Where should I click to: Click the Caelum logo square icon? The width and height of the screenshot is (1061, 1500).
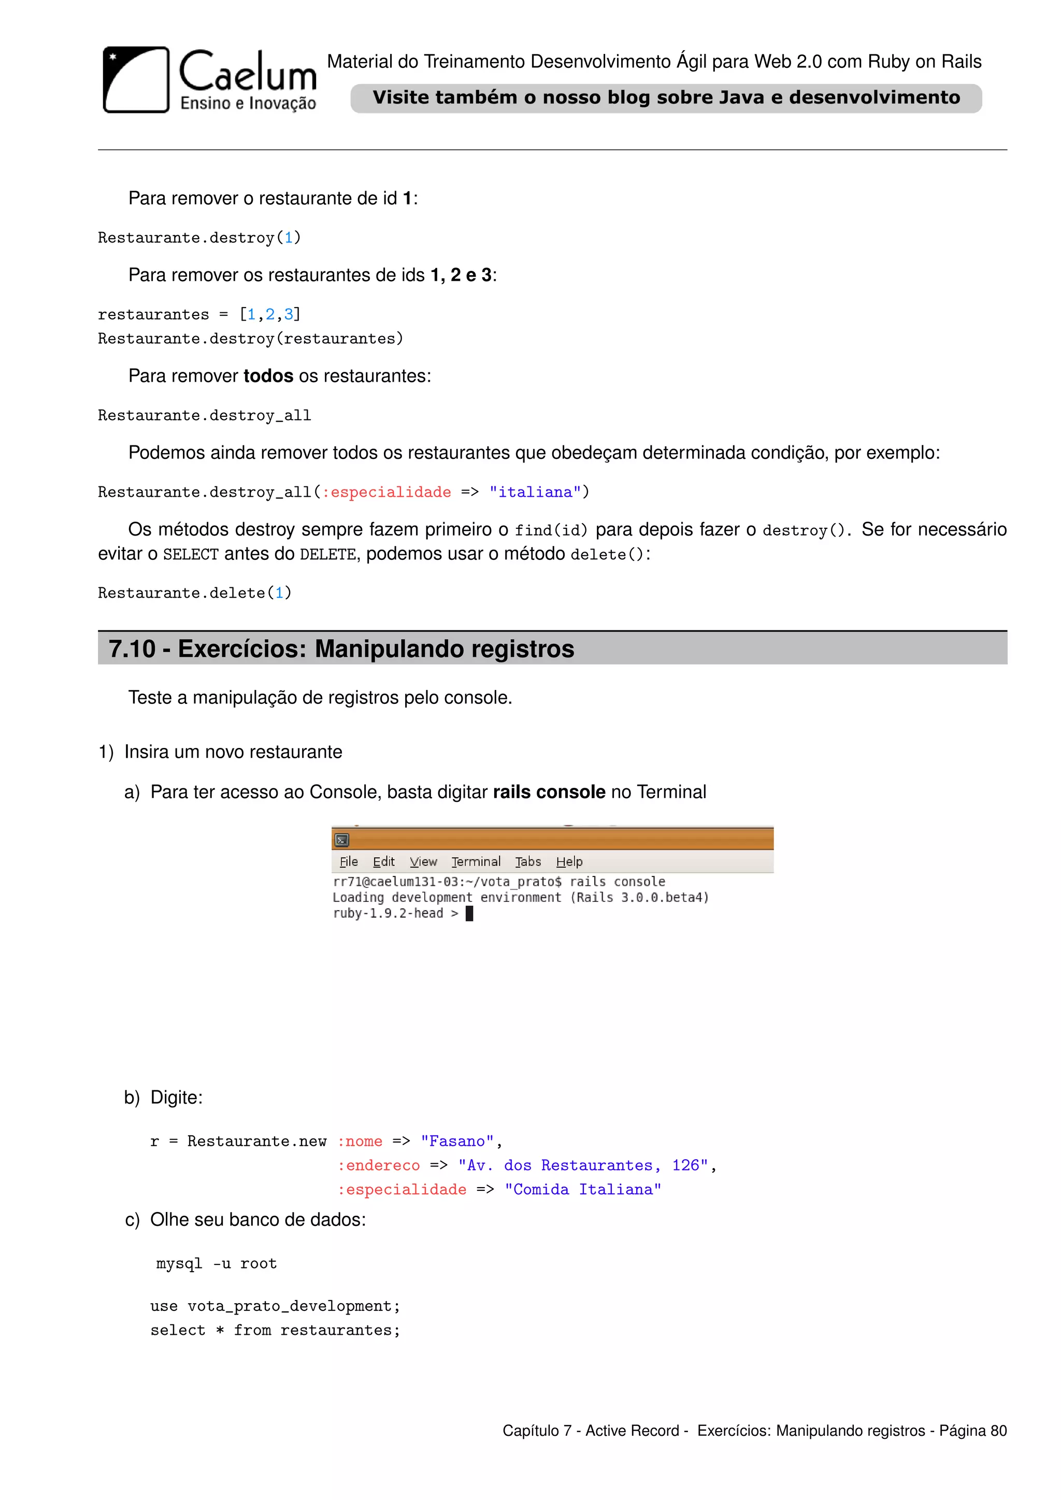(136, 80)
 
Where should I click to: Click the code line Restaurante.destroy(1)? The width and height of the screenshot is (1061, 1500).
(199, 238)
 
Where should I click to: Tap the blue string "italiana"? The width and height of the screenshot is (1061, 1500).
(535, 492)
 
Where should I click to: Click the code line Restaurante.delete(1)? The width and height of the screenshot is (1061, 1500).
(194, 593)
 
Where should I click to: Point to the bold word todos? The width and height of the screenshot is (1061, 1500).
(268, 377)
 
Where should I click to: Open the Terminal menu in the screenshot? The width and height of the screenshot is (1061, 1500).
(476, 862)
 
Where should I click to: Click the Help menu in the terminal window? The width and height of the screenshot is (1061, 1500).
(569, 862)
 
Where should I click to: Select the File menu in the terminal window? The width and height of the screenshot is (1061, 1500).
(349, 862)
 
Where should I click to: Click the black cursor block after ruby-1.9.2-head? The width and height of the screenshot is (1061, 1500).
(469, 913)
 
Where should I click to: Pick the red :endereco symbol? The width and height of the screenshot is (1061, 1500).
(378, 1165)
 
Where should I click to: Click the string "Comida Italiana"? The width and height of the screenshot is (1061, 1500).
(582, 1190)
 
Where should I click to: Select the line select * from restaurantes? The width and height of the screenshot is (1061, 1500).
(275, 1330)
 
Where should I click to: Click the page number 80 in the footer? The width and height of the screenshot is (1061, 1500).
(998, 1431)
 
